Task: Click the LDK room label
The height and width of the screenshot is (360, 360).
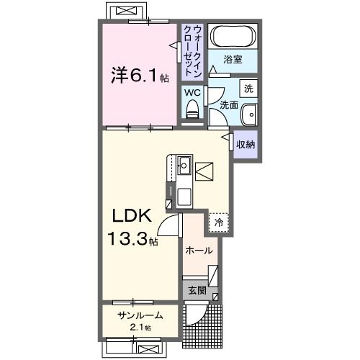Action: tap(129, 215)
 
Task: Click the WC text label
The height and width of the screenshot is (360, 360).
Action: tap(192, 93)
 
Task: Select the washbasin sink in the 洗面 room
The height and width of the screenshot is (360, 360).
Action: tap(248, 114)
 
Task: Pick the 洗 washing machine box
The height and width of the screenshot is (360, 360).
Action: tap(248, 89)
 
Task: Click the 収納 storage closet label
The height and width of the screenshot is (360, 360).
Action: tap(246, 144)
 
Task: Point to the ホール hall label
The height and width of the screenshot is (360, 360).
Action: tap(199, 251)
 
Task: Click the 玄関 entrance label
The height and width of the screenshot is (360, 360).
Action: tap(197, 291)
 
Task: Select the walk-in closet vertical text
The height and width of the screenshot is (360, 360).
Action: tap(192, 50)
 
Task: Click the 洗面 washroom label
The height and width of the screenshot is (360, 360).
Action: tap(229, 105)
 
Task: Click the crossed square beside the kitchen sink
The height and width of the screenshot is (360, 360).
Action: tap(204, 171)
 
